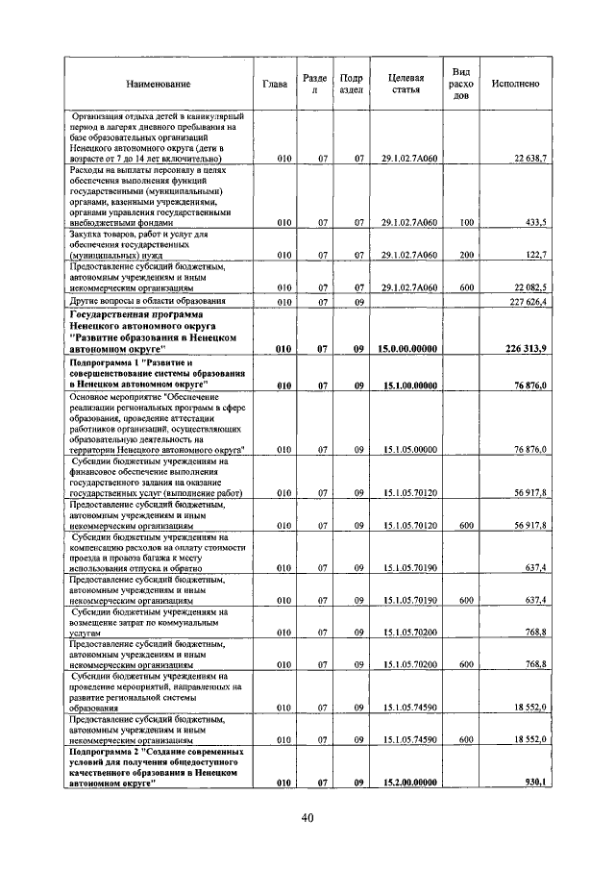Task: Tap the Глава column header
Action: tap(275, 84)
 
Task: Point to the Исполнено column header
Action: tap(515, 84)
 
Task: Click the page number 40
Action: tap(307, 817)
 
